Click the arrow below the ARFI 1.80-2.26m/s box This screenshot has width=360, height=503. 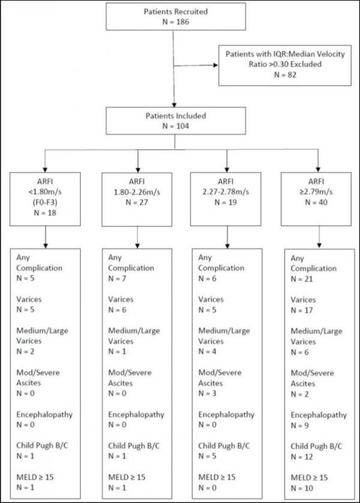coord(138,238)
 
